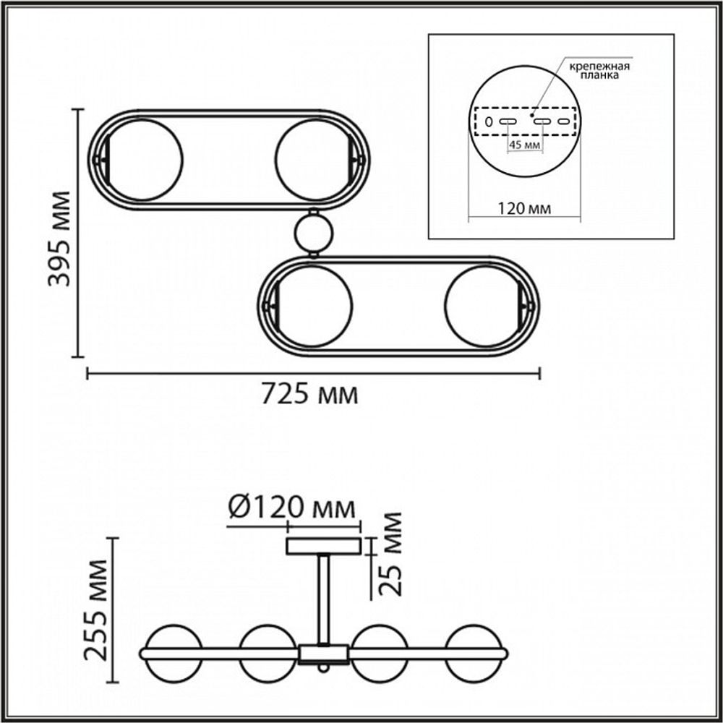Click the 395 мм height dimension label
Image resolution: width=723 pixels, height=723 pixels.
[x=59, y=239]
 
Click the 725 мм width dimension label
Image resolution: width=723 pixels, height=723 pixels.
[x=309, y=395]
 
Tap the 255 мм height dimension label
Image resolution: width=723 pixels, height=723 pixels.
[x=96, y=610]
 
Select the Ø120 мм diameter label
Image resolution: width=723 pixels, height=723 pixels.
[x=292, y=508]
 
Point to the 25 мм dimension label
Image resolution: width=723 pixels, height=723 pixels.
[x=390, y=553]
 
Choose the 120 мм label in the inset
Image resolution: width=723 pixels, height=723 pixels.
[x=524, y=209]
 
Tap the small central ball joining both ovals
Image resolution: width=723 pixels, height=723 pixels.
[x=314, y=233]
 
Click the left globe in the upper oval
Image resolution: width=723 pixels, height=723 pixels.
[x=145, y=160]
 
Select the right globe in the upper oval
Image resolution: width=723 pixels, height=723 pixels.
[x=312, y=160]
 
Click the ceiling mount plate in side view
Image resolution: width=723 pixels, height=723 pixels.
[x=323, y=546]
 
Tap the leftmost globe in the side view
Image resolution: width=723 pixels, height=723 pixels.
[x=172, y=653]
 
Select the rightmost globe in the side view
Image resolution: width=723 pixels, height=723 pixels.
[x=476, y=653]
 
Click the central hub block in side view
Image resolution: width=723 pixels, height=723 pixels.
[x=323, y=654]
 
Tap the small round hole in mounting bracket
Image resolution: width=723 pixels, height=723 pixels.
[x=489, y=121]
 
